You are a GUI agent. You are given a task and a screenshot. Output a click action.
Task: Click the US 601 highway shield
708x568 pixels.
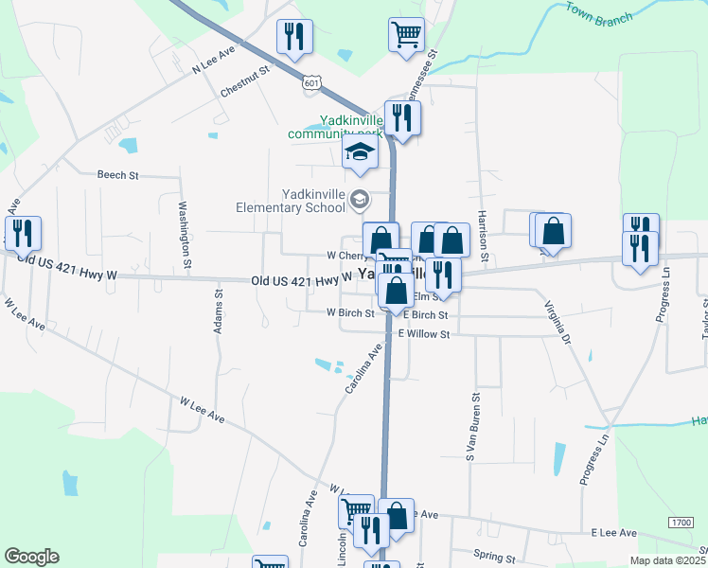(311, 83)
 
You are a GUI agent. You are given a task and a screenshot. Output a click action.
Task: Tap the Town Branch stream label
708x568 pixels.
(599, 13)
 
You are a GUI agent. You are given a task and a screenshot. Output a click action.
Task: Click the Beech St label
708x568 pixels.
(117, 175)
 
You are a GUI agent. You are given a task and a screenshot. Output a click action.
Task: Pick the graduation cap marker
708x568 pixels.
(360, 152)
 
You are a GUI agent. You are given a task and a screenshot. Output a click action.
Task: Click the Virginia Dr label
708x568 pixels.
(558, 321)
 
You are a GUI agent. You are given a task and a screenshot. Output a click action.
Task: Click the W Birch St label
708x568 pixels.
(350, 312)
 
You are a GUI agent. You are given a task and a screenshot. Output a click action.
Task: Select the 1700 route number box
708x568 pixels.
(680, 523)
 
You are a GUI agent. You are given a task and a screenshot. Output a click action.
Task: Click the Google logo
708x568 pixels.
(30, 556)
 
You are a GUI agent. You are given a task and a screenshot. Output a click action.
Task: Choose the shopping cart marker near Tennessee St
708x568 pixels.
(406, 34)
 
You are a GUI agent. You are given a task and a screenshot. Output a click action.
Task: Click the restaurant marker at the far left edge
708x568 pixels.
(20, 233)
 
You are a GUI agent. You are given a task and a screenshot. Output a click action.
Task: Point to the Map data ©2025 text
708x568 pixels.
(666, 560)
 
